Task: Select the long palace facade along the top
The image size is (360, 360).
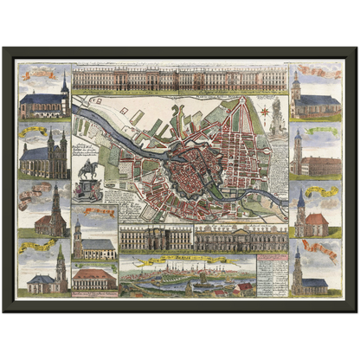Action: [180, 80]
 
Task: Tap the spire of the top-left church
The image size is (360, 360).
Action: [64, 82]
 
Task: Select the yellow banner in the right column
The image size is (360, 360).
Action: [321, 190]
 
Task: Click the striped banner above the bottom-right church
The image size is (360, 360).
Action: [320, 250]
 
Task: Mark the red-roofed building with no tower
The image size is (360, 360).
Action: [93, 279]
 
